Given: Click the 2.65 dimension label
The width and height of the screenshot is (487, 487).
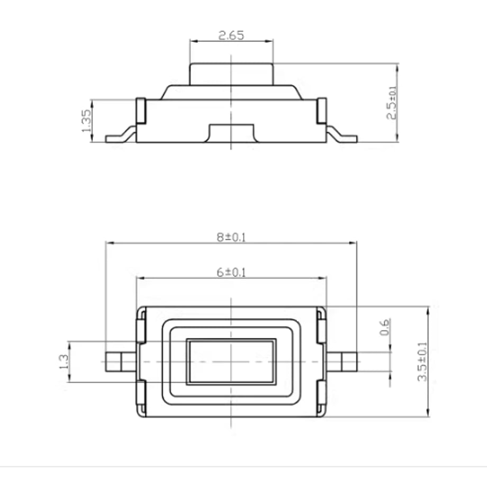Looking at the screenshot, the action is pos(231,35).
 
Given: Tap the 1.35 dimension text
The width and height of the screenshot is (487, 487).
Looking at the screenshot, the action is pos(87,121).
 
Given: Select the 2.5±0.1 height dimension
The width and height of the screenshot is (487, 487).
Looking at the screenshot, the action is pos(391,103).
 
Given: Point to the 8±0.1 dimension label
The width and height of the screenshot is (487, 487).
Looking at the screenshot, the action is pos(231,237).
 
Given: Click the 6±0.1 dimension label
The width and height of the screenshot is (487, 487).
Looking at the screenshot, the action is pos(231,273).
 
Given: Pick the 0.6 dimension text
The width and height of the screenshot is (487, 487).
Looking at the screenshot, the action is pos(384,327).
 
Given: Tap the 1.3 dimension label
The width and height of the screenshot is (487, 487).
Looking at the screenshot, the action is pos(64,361).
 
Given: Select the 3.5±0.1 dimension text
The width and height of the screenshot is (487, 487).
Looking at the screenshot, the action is pos(422,362).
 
